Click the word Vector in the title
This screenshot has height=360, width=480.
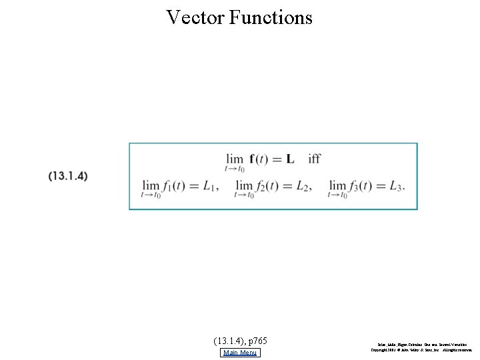pos(195,17)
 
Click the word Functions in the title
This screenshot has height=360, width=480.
pos(271,17)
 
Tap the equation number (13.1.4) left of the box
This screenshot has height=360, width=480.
pos(68,176)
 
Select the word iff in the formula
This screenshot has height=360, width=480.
pos(314,159)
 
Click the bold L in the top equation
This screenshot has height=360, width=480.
pos(289,159)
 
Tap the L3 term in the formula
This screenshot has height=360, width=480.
pos(397,186)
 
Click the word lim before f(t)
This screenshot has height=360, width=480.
pos(235,159)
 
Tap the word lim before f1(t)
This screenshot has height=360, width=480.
pos(151,186)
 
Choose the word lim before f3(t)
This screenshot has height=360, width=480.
pos(338,186)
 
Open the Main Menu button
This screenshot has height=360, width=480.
pos(241,353)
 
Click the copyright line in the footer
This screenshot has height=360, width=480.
pos(421,349)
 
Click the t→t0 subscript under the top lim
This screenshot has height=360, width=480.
pos(235,169)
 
